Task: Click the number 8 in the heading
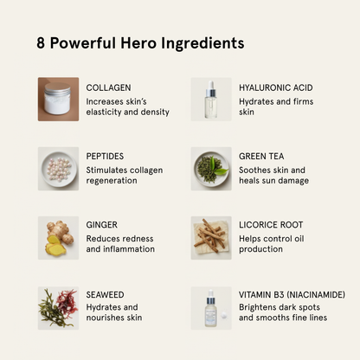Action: pyautogui.click(x=41, y=43)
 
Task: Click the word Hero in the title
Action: pyautogui.click(x=138, y=43)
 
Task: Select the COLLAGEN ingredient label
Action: pyautogui.click(x=108, y=87)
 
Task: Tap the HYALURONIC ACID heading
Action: pyautogui.click(x=276, y=87)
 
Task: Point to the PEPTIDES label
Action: pyautogui.click(x=105, y=157)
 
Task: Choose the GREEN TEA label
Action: pyautogui.click(x=261, y=157)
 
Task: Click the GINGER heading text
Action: pyautogui.click(x=102, y=225)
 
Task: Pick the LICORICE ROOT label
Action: pyautogui.click(x=271, y=225)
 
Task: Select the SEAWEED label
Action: pyautogui.click(x=105, y=294)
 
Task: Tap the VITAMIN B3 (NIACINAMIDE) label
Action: pyautogui.click(x=292, y=294)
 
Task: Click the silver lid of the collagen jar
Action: pyautogui.click(x=58, y=87)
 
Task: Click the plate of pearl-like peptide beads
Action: pyautogui.click(x=59, y=169)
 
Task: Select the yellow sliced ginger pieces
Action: pyautogui.click(x=55, y=245)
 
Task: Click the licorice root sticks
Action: pyautogui.click(x=209, y=235)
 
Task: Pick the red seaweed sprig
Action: pyautogui.click(x=67, y=302)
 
